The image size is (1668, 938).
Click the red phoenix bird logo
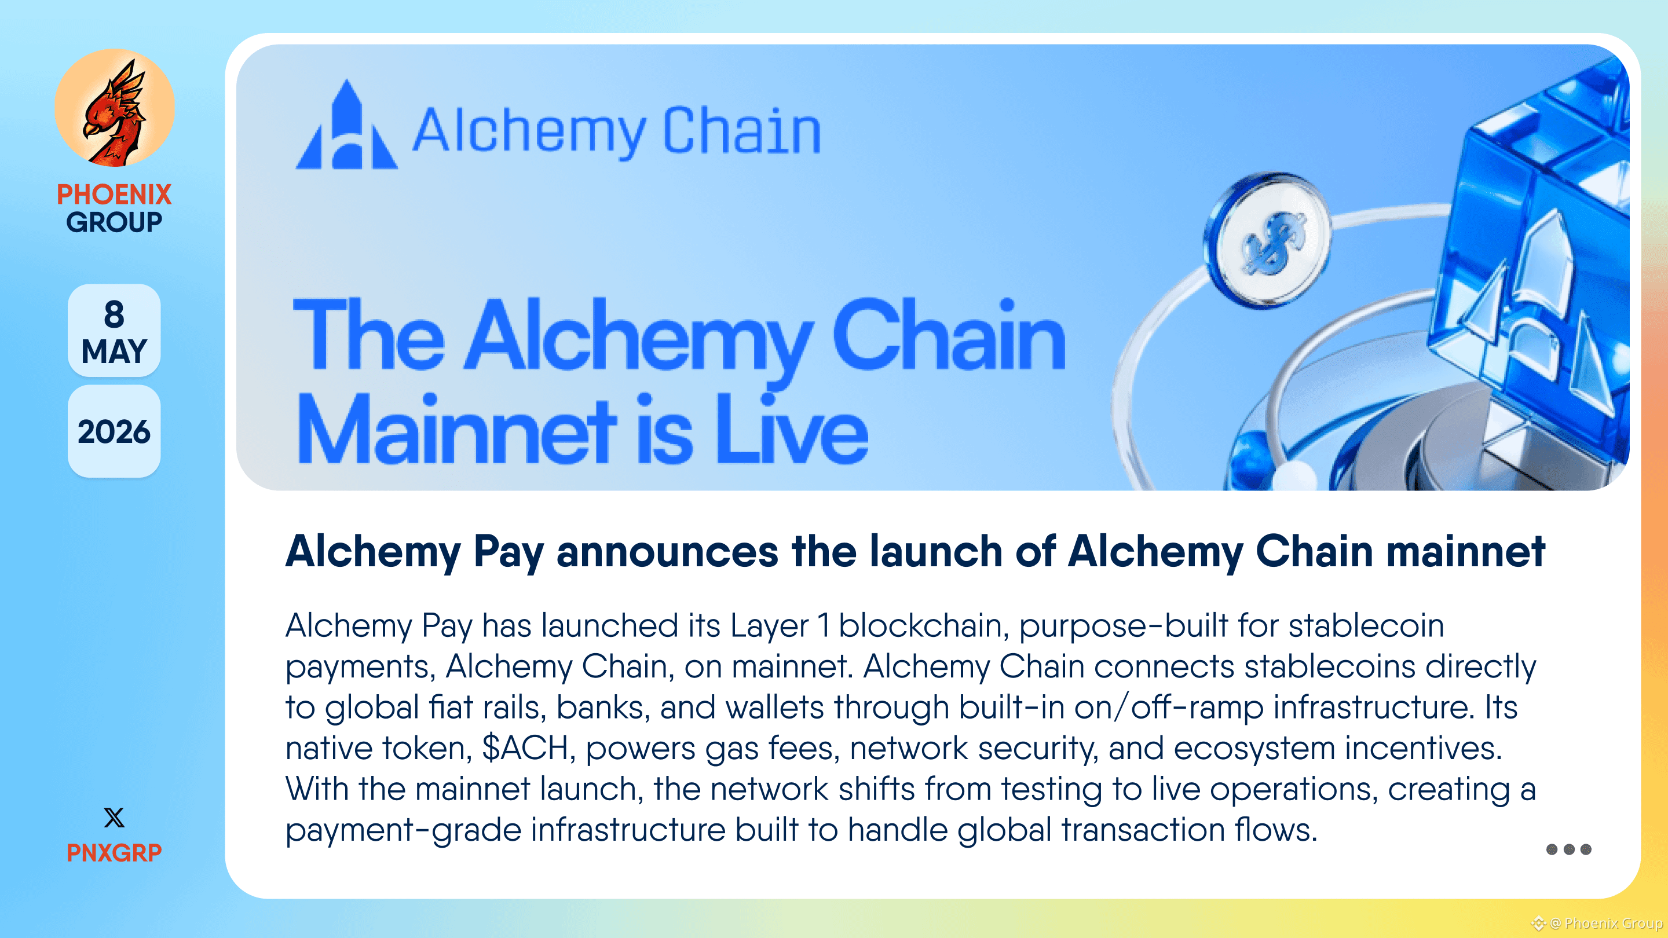114,108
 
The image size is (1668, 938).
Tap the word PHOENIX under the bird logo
114,194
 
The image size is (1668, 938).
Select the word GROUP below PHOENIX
114,222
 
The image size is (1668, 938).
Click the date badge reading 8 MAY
114,330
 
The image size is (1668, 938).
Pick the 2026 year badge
114,431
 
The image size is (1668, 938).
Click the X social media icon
114,818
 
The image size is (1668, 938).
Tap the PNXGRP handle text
114,852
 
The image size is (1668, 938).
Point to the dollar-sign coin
1268,240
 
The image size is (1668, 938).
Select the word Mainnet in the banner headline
456,430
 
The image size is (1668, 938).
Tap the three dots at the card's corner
1568,849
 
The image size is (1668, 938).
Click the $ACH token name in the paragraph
525,748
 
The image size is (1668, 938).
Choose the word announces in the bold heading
667,552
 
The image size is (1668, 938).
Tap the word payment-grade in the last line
404,830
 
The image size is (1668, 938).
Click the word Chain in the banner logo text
742,131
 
